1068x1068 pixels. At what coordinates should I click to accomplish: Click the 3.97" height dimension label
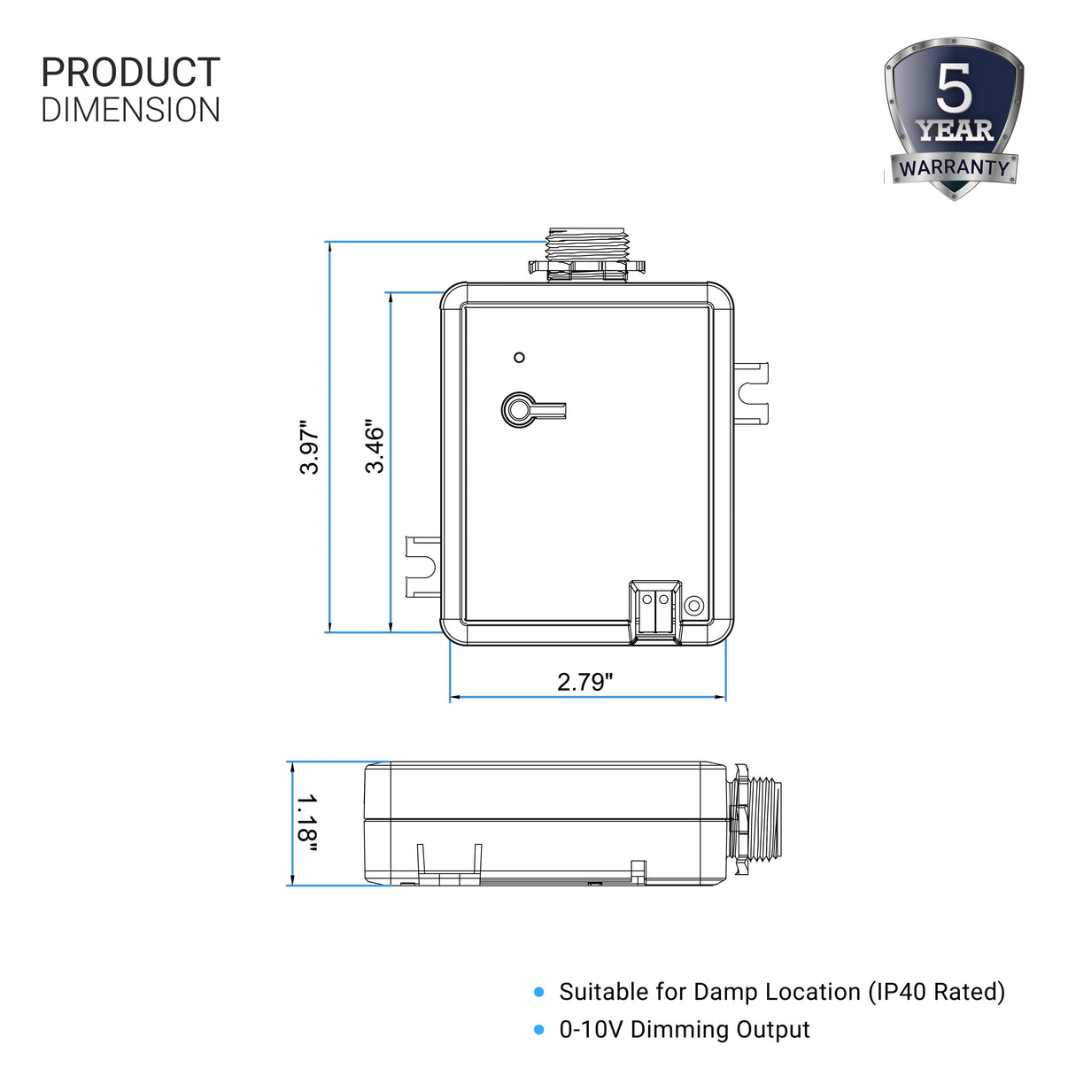(309, 447)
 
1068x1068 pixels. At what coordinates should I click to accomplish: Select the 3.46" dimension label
(375, 447)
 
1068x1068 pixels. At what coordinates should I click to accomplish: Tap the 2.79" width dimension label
(584, 681)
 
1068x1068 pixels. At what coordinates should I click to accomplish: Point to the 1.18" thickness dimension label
(306, 824)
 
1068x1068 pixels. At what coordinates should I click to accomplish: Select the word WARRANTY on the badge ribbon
(954, 167)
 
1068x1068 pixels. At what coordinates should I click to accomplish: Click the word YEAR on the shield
(955, 131)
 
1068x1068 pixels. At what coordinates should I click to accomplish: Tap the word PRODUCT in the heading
(130, 73)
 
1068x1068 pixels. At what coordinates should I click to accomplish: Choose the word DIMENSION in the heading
(130, 110)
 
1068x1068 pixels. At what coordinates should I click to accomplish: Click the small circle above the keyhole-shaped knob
(520, 358)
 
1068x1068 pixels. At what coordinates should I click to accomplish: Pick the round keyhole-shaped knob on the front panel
(520, 409)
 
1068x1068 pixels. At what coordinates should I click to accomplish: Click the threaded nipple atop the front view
(587, 253)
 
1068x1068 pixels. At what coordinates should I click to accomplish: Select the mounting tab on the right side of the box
(752, 391)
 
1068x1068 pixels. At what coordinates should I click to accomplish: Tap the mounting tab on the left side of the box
(422, 567)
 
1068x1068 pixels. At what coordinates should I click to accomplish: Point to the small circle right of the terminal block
(695, 606)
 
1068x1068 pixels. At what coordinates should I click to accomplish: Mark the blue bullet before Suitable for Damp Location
(539, 993)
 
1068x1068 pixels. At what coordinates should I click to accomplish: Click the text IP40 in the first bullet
(898, 992)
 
